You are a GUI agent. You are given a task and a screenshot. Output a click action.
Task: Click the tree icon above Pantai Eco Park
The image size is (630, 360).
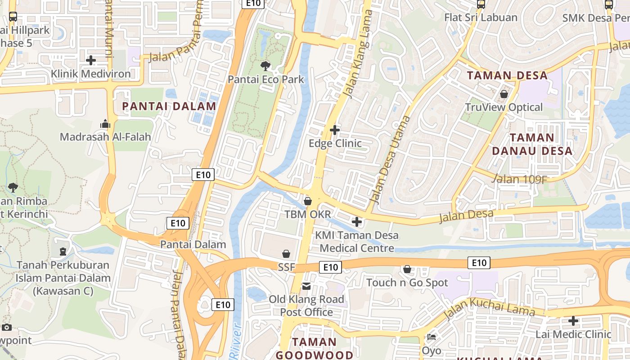(x=265, y=66)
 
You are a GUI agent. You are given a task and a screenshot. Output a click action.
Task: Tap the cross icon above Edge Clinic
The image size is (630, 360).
(x=335, y=130)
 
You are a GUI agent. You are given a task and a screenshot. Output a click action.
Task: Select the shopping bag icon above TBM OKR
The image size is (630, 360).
(x=308, y=201)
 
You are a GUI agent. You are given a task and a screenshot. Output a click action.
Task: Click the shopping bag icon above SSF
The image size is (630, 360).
(x=286, y=254)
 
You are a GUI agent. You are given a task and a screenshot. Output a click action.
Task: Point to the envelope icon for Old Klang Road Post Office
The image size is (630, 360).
(x=306, y=286)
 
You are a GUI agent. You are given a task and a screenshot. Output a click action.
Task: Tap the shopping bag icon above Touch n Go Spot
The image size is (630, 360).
(x=407, y=269)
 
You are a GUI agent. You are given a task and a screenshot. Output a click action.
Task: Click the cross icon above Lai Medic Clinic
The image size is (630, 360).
(x=573, y=321)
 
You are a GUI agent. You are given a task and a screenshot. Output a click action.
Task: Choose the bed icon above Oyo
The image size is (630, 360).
(x=432, y=337)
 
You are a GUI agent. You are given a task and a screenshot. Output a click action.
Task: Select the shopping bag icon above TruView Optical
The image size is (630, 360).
(x=504, y=94)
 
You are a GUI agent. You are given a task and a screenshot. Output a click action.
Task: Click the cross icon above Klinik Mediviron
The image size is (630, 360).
(x=91, y=60)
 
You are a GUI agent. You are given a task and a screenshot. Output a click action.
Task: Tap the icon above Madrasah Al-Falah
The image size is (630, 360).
(x=105, y=124)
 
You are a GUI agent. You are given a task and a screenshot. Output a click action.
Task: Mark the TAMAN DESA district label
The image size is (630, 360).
(x=508, y=75)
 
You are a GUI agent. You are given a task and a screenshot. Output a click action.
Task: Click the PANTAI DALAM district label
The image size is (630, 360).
(x=169, y=106)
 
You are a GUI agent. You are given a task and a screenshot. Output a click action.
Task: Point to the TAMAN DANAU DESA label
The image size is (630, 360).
(x=532, y=144)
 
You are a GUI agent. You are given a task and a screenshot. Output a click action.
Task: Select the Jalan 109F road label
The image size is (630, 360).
(x=519, y=179)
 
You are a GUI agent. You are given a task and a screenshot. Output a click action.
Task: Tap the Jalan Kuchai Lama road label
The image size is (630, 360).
(x=489, y=308)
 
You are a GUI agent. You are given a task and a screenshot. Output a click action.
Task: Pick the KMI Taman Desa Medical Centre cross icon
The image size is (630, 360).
(x=357, y=222)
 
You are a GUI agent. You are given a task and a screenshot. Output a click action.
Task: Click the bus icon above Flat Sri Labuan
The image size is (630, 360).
(x=481, y=4)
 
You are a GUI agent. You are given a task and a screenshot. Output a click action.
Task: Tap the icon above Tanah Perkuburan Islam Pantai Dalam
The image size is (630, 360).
(x=63, y=251)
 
